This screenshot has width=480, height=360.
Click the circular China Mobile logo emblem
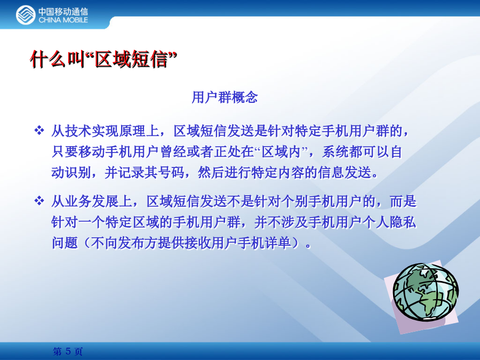[x=26, y=15]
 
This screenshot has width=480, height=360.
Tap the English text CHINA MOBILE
[x=63, y=20]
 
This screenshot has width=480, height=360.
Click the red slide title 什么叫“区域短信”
[x=103, y=59]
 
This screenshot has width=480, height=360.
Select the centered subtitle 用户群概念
[x=225, y=98]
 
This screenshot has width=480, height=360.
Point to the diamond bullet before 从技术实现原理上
[x=39, y=131]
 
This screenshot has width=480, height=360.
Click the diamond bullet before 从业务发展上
[x=39, y=201]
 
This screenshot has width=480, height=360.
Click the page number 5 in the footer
[x=68, y=351]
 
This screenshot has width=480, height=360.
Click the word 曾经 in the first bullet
[x=173, y=151]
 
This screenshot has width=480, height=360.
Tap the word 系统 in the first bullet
[x=335, y=151]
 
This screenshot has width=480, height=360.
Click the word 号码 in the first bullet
[x=171, y=172]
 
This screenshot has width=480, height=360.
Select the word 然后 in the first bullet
[x=211, y=172]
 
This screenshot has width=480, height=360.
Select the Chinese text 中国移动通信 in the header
[x=63, y=12]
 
